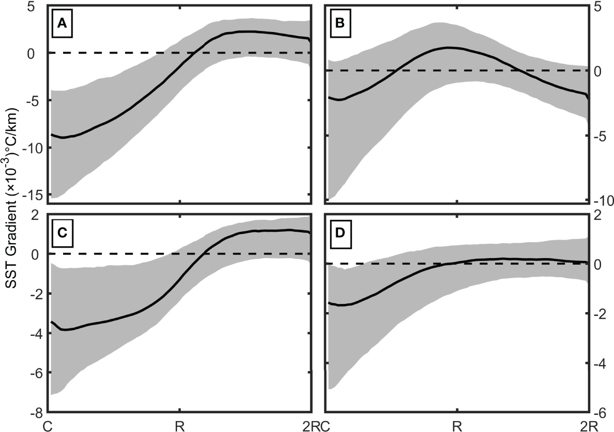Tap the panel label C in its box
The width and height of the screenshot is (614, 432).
tap(62, 234)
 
